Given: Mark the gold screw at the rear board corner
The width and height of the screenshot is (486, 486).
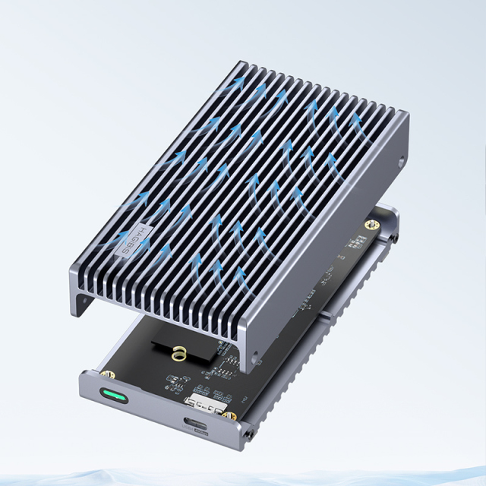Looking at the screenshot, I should pyautogui.click(x=372, y=225).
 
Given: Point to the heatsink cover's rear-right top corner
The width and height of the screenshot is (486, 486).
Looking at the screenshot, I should pyautogui.click(x=408, y=114).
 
